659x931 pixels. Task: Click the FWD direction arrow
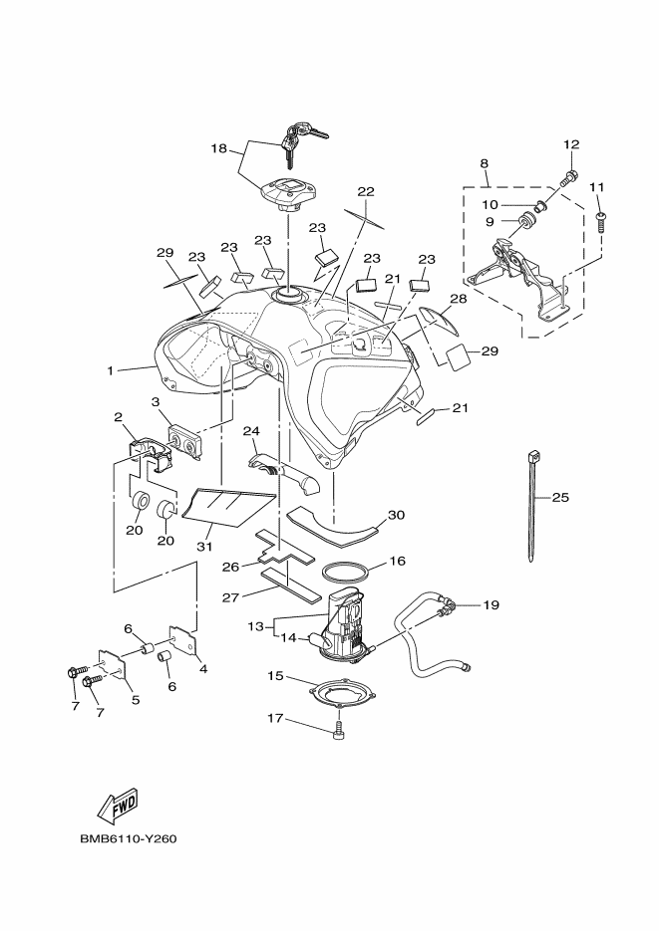pyautogui.click(x=118, y=806)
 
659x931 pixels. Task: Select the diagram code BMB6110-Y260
pyautogui.click(x=129, y=839)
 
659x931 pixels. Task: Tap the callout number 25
pyautogui.click(x=560, y=497)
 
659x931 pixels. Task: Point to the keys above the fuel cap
pyautogui.click(x=302, y=140)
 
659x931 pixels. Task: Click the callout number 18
pyautogui.click(x=219, y=147)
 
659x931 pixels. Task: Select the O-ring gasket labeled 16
pyautogui.click(x=346, y=575)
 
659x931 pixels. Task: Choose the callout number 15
pyautogui.click(x=275, y=676)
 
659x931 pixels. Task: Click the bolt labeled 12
pyautogui.click(x=568, y=177)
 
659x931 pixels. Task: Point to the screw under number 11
pyautogui.click(x=601, y=221)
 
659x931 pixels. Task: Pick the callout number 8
pyautogui.click(x=484, y=162)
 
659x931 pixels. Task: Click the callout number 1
pyautogui.click(x=110, y=370)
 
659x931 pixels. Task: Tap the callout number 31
pyautogui.click(x=204, y=546)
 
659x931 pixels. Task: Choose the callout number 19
pyautogui.click(x=491, y=605)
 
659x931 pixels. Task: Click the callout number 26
pyautogui.click(x=231, y=567)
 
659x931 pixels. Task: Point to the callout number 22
pyautogui.click(x=366, y=191)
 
